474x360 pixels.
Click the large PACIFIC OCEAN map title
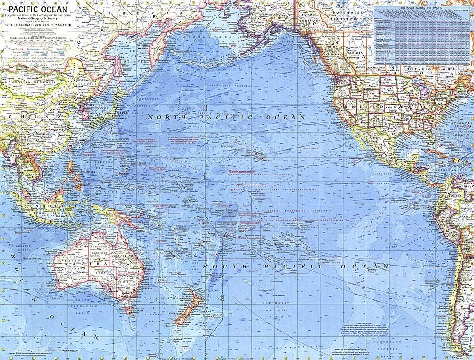35,9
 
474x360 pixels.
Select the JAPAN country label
123,113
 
